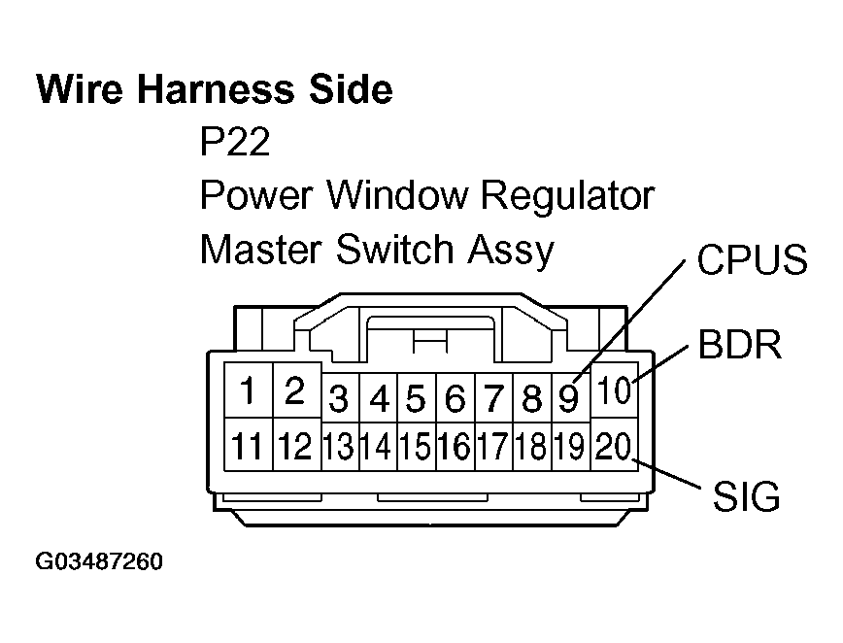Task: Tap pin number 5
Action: pos(416,399)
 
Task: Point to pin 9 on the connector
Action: pos(569,399)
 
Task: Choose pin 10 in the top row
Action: pos(614,391)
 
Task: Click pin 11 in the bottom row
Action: pos(249,447)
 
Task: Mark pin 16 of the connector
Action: pos(454,447)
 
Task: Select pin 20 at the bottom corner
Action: pos(614,447)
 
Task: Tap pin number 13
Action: pos(339,447)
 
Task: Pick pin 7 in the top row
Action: pos(493,399)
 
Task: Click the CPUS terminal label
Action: pos(750,260)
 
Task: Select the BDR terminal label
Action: pos(740,345)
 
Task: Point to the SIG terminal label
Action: pos(746,497)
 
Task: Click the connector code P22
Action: pos(234,144)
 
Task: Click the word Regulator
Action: pos(568,196)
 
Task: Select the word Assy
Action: pos(510,250)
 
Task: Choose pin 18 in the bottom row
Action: pos(531,447)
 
